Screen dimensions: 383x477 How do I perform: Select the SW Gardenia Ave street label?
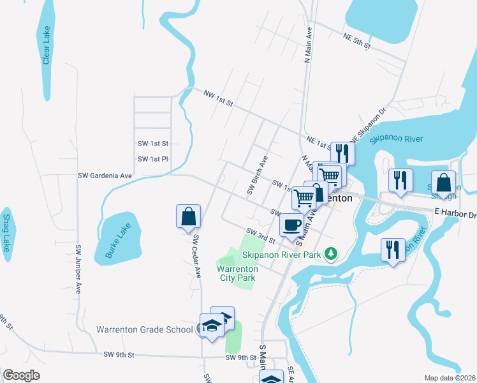[x=105, y=175]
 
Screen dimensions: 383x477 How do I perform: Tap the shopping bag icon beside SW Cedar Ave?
[x=189, y=218]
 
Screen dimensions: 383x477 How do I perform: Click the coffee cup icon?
[x=292, y=226]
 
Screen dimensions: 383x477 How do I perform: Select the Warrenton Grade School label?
[x=144, y=329]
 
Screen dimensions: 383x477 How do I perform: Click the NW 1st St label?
[x=219, y=98]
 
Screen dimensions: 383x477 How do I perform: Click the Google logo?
[x=22, y=375]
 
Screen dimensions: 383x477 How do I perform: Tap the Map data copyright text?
[x=450, y=377]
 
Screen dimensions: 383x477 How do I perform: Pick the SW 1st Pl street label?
[x=152, y=158]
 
